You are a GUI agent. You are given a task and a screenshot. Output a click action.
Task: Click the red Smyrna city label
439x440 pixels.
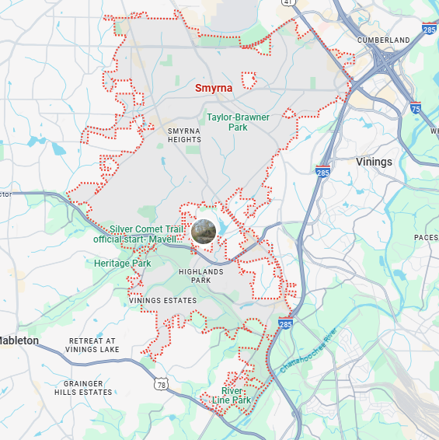[x=213, y=89]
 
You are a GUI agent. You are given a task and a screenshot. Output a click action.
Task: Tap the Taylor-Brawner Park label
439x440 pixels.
[x=238, y=122]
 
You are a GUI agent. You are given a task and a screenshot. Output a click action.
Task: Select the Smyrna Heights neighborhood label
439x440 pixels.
[x=184, y=136]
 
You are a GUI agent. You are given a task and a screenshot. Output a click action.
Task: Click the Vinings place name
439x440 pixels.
[x=374, y=162]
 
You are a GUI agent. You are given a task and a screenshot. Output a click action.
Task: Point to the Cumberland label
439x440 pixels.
[x=383, y=40]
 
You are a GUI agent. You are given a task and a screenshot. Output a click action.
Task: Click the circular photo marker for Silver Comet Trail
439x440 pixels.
[x=203, y=232]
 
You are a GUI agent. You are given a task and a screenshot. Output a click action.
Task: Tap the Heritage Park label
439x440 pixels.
[x=122, y=264]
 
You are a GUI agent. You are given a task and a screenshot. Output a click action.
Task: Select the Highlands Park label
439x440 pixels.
[x=200, y=276]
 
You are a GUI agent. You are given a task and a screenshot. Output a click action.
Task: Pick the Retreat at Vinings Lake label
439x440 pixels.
[x=103, y=346]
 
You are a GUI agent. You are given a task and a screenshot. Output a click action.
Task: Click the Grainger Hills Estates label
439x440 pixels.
[x=83, y=387]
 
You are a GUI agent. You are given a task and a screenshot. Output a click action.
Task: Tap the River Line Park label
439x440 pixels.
[x=235, y=396]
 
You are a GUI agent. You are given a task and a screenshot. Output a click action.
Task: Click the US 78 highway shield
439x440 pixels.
[x=161, y=384]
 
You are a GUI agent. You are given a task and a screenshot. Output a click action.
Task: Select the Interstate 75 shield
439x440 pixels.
[x=416, y=109]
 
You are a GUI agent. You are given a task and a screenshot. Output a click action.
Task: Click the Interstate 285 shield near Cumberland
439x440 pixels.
[x=429, y=29]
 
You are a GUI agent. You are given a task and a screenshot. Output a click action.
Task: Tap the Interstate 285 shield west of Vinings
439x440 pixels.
[x=323, y=171]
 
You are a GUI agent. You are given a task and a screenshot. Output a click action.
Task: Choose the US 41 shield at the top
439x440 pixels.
[x=288, y=2]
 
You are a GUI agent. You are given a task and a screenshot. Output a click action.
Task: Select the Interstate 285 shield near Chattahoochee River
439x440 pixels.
[x=284, y=323]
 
